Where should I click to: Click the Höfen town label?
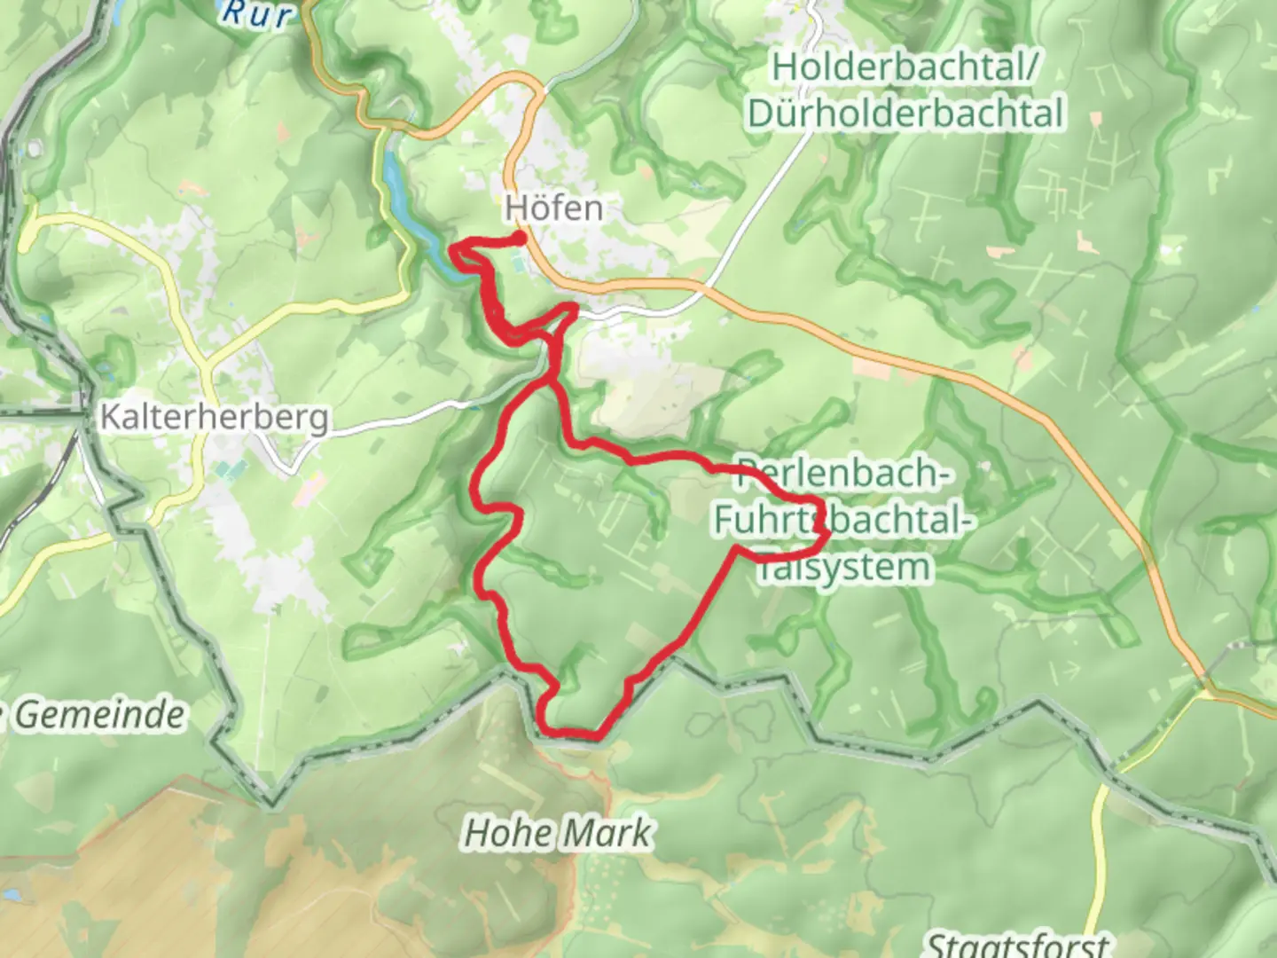pos(553,208)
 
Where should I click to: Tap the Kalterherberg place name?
pos(214,417)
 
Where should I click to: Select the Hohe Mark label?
pos(558,833)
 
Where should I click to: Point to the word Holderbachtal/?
pos(905,67)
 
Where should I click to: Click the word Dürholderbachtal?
pos(905,114)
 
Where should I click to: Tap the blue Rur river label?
pos(256,12)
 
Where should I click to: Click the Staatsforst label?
pos(1018,944)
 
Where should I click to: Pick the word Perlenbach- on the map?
pos(842,474)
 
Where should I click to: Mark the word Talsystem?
pos(842,568)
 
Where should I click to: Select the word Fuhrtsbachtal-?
pos(839,521)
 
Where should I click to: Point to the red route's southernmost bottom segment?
pos(572,733)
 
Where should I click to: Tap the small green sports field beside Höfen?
pos(518,263)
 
